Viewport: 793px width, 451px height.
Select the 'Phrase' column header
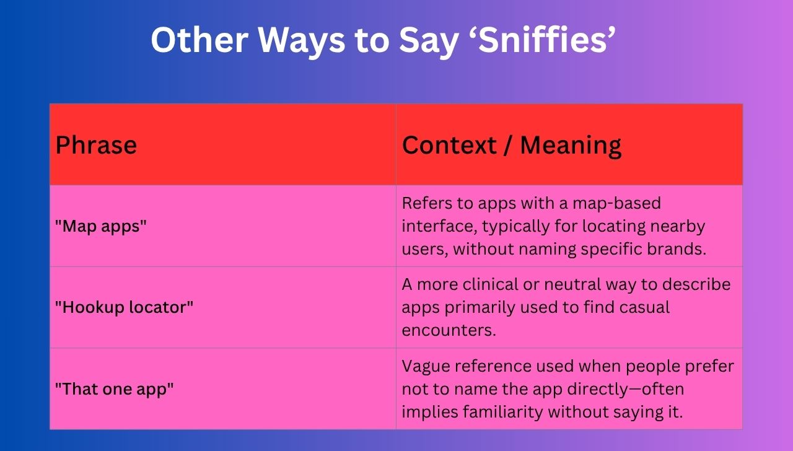[96, 145]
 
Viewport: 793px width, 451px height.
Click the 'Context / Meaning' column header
[511, 145]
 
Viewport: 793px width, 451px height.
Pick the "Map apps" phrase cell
[101, 226]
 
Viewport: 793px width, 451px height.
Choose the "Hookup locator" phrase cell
[124, 307]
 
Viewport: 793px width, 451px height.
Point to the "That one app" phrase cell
[114, 389]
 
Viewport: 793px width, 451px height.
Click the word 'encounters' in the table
[449, 330]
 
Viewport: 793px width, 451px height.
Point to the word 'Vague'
[426, 366]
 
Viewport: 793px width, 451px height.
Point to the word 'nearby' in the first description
[678, 227]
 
